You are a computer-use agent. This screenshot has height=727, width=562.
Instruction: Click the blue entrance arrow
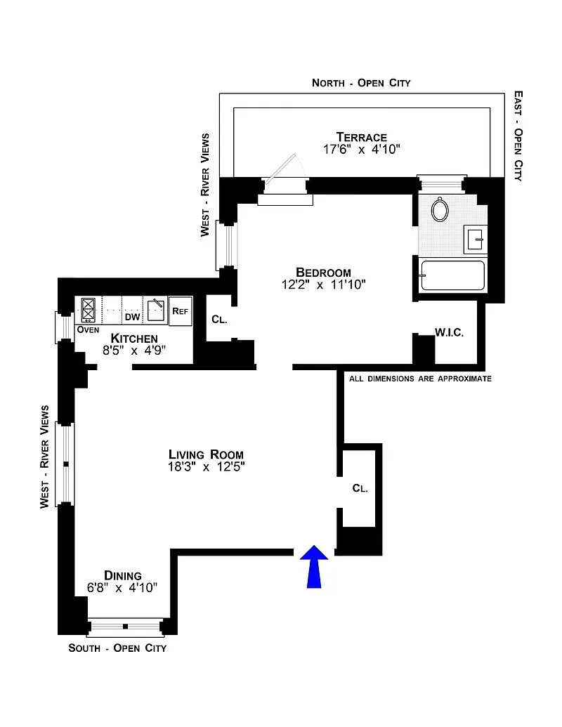coord(314,566)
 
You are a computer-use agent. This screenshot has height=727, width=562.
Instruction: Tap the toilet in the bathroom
coord(440,209)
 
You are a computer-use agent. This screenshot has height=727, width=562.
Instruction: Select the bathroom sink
coord(475,240)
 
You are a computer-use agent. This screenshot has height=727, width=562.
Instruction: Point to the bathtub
coord(452,275)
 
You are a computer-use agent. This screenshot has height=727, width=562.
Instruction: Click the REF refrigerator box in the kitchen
coord(181,310)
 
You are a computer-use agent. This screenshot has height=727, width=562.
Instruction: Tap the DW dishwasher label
coord(133,317)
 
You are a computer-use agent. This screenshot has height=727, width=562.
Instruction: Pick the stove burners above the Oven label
coord(89,310)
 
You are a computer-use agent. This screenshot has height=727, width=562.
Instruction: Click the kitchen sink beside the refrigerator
coord(156,310)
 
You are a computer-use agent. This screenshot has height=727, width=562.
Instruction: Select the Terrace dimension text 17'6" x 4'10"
coord(361,150)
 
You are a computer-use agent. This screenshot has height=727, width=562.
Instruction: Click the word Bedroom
coord(323,272)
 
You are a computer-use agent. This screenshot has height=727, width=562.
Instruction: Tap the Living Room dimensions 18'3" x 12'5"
coord(207,466)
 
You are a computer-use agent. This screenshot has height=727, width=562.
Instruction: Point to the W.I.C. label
coord(449,332)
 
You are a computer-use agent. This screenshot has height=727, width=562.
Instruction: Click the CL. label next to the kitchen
coord(219,320)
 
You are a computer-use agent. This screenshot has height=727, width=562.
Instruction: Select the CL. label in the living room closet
coord(360,488)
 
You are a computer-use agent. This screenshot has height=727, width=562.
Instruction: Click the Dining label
coord(123,575)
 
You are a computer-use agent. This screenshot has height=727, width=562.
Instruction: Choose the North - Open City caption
coord(361,83)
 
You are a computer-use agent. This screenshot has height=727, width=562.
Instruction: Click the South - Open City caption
coord(117,648)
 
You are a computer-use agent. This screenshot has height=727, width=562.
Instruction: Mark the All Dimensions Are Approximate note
coord(420,379)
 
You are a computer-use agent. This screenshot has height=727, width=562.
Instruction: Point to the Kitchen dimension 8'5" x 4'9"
coord(134,351)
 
